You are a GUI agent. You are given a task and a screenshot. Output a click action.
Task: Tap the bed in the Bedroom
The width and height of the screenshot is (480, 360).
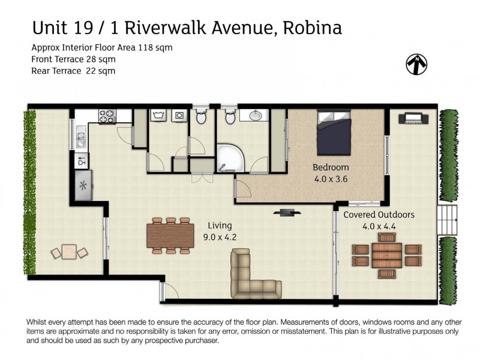333,135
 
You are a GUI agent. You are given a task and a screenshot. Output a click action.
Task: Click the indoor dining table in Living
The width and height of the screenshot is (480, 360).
170,234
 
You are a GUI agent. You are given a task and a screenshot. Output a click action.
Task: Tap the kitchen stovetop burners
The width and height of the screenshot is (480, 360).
107,115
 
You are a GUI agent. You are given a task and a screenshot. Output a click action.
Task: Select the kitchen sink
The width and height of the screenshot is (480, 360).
80,139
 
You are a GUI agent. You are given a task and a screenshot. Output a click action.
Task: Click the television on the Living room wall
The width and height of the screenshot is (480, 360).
287,211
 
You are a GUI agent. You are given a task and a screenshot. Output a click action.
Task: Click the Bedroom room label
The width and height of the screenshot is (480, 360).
330,167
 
